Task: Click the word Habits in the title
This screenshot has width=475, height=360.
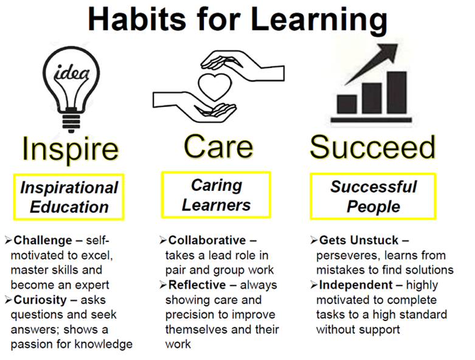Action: (x=137, y=19)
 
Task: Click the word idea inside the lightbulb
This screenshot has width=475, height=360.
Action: (x=72, y=72)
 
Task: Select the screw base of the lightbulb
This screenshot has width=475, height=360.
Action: (x=71, y=120)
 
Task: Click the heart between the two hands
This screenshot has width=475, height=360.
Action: (x=215, y=86)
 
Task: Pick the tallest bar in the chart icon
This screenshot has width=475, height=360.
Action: (x=397, y=92)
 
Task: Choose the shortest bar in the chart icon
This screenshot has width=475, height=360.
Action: (x=347, y=104)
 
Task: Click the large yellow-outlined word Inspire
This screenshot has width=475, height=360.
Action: (x=71, y=148)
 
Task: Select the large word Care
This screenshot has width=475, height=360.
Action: (x=218, y=147)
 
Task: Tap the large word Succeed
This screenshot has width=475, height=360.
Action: (x=373, y=147)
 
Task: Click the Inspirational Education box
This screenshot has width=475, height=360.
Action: (x=69, y=197)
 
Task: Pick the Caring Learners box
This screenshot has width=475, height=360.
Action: (x=216, y=195)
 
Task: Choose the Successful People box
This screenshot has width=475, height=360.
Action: (x=373, y=196)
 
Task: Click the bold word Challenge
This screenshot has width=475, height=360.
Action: (x=43, y=240)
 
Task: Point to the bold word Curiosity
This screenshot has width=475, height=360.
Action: (x=40, y=300)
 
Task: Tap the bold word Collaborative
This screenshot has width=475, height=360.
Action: (x=207, y=240)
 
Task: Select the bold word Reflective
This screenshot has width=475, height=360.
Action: (x=197, y=285)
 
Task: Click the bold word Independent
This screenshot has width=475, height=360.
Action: (x=356, y=285)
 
